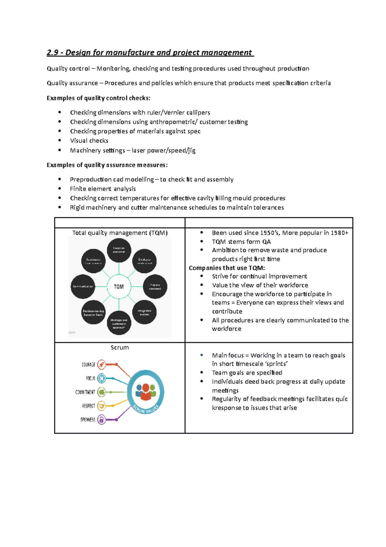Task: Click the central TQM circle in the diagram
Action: pos(119,286)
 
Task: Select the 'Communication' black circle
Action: pos(83,286)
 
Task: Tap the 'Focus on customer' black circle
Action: pos(119,250)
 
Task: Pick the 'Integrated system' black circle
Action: pos(144,312)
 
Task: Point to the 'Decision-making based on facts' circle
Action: pos(93,312)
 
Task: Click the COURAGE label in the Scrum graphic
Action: pos(88,365)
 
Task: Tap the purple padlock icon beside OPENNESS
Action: pos(102,419)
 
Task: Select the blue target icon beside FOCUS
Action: pos(102,378)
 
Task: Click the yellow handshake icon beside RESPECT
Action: pos(102,406)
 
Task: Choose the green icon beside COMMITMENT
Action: pos(102,392)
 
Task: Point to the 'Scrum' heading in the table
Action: pos(120,348)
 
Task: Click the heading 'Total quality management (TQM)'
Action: pos(120,233)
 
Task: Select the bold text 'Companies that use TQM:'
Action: pos(227,268)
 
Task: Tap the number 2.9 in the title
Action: pos(52,53)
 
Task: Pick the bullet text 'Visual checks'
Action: pos(89,140)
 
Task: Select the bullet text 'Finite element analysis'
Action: pos(103,189)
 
